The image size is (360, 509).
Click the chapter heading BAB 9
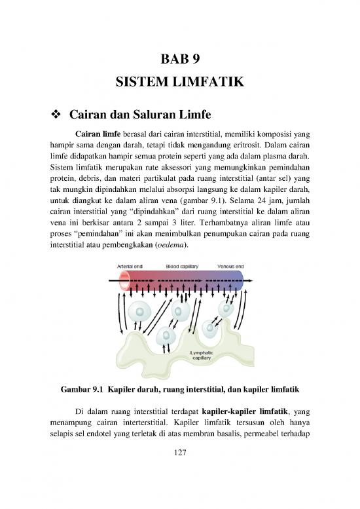click(x=179, y=57)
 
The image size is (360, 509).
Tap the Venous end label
click(x=231, y=267)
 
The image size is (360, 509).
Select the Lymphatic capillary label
click(x=200, y=355)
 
